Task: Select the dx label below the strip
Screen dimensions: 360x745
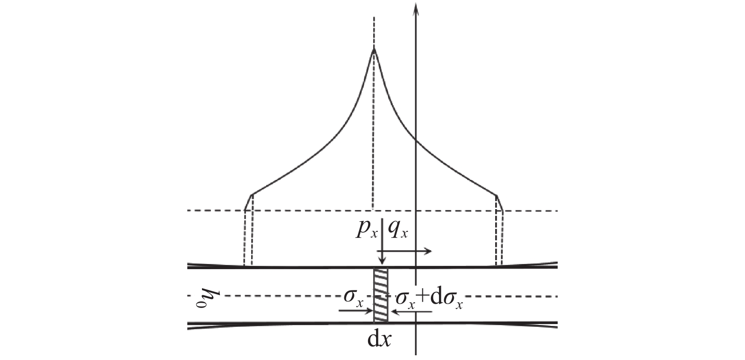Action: click(x=379, y=340)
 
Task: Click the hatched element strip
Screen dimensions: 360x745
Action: click(x=381, y=296)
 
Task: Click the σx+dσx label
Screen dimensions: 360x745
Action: click(x=429, y=299)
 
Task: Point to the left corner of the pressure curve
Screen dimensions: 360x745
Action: click(x=251, y=194)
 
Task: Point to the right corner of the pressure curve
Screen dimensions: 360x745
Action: click(x=496, y=194)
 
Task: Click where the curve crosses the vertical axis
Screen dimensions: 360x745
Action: click(x=415, y=139)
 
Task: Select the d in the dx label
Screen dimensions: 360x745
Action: click(x=373, y=340)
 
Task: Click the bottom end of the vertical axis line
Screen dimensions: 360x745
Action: click(x=415, y=353)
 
